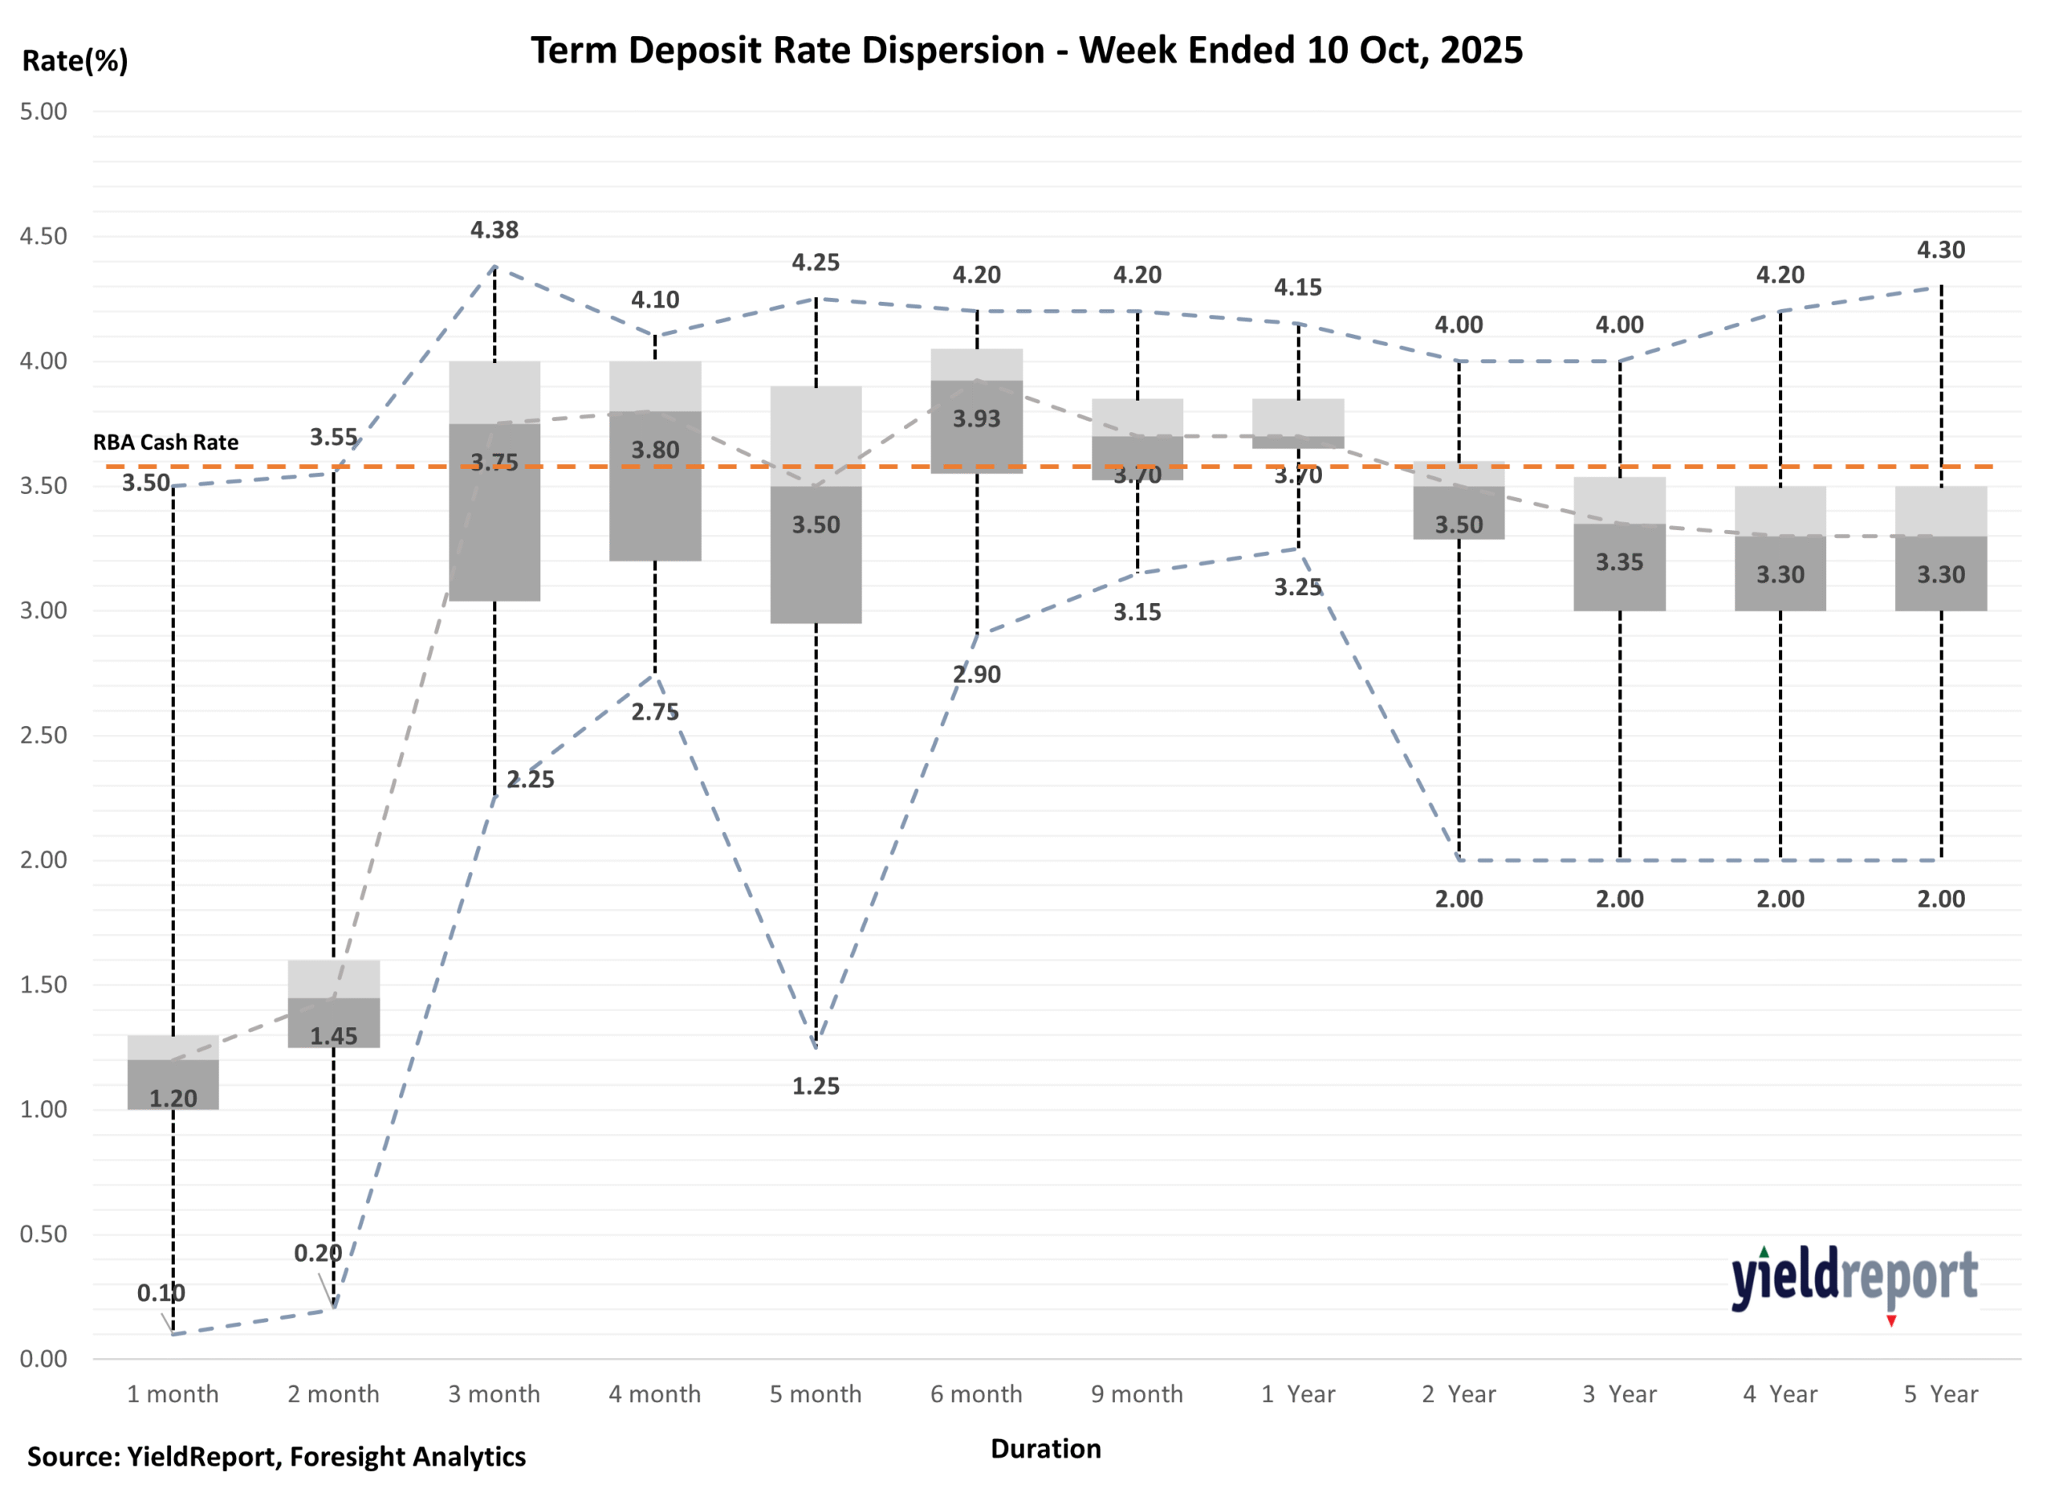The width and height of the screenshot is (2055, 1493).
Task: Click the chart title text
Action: [x=1027, y=50]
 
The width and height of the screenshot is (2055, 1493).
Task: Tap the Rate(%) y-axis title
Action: [x=75, y=61]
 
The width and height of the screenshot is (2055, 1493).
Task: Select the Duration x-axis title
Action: [x=1046, y=1448]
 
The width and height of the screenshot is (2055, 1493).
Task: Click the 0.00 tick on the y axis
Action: [x=43, y=1358]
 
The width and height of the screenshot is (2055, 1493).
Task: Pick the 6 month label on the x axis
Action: [x=976, y=1393]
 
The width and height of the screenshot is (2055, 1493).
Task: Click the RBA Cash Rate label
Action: [x=166, y=443]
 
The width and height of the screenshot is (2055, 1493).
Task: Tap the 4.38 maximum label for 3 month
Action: [x=494, y=230]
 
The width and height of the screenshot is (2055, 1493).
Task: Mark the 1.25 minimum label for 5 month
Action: [x=816, y=1086]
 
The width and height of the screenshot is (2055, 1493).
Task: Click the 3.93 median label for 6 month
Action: [x=976, y=418]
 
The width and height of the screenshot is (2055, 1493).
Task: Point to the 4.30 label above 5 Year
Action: [x=1940, y=251]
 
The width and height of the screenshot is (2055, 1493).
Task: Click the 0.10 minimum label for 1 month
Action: [x=161, y=1293]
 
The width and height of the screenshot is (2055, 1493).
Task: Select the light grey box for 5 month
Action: [x=816, y=435]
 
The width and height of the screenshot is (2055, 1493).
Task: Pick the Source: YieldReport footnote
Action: [x=276, y=1456]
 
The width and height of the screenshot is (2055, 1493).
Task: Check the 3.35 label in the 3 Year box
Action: [x=1619, y=562]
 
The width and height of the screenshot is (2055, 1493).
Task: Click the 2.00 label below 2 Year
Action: [x=1458, y=899]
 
